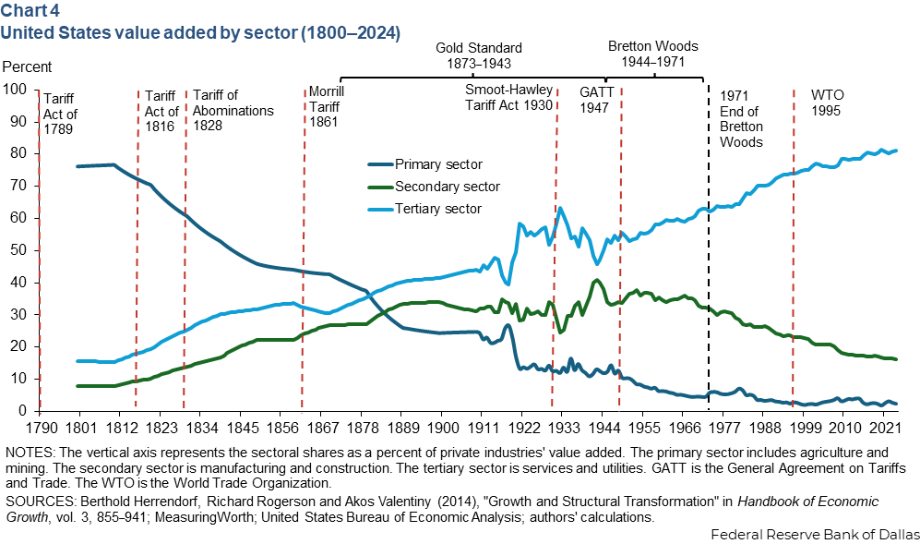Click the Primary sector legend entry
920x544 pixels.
pos(438,164)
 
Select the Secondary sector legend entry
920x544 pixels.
pos(447,187)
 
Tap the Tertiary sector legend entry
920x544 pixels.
pos(438,209)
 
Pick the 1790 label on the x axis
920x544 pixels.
pos(40,429)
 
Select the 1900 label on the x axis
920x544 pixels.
pos(442,429)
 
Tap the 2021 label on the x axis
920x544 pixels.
pos(885,429)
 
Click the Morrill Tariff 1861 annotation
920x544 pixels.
pos(325,107)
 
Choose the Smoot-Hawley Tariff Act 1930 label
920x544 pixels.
pos(508,97)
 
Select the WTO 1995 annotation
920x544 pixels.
pos(827,102)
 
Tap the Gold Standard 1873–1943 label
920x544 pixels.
pos(479,55)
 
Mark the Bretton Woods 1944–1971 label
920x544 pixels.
pos(653,53)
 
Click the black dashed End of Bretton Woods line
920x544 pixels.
pos(708,277)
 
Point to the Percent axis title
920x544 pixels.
pos(28,66)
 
